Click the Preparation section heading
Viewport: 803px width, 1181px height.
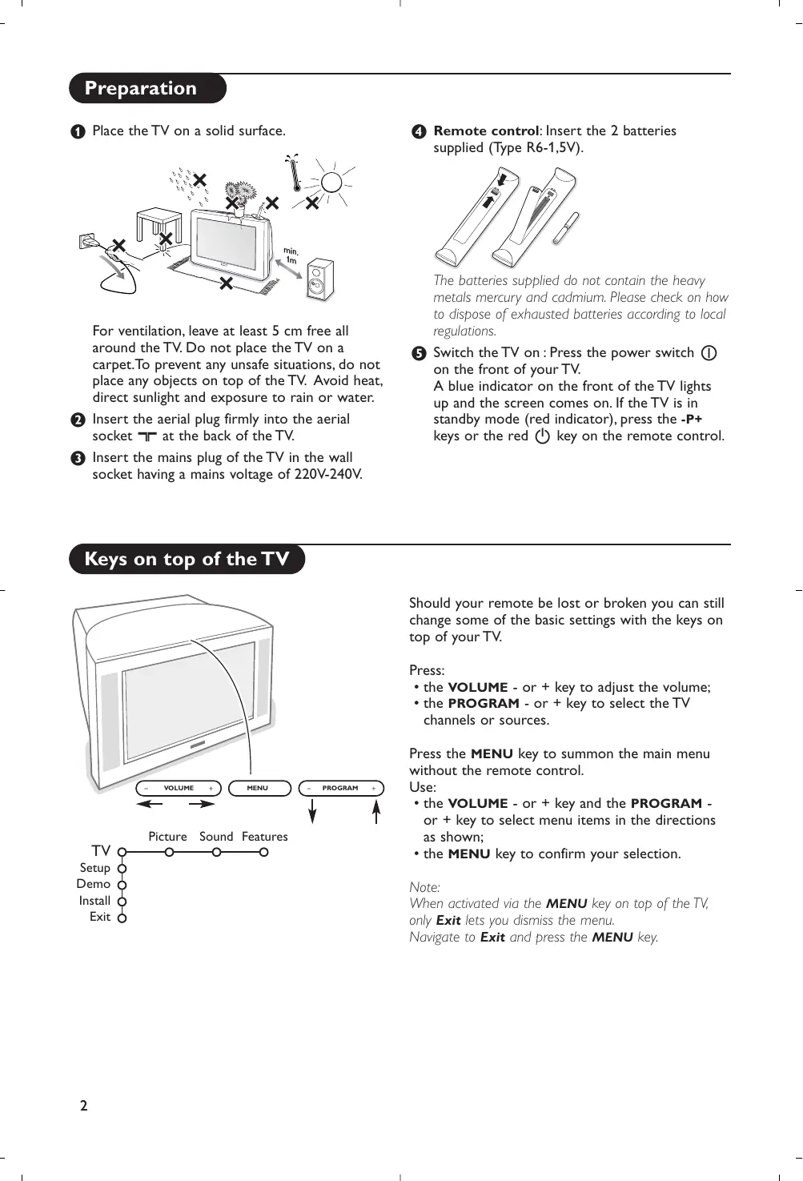click(x=141, y=88)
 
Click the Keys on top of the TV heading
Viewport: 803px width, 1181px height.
click(x=187, y=559)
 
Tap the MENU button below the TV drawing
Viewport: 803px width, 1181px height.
click(x=258, y=788)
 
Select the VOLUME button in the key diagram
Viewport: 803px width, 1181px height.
click(x=179, y=788)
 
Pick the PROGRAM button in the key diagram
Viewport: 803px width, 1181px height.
click(x=341, y=788)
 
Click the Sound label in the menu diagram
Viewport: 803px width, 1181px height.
click(x=216, y=837)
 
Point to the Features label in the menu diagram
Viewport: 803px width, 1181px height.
click(x=264, y=837)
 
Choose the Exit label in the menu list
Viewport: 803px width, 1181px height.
click(x=100, y=917)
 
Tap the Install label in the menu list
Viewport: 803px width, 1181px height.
click(x=94, y=901)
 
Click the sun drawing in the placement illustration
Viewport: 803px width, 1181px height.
click(x=331, y=183)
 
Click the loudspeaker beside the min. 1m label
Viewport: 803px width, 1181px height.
click(x=320, y=279)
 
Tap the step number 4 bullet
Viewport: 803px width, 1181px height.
click(x=418, y=131)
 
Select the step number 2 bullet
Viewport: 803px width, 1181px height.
click(x=78, y=420)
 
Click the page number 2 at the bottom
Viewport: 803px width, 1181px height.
click(x=83, y=1106)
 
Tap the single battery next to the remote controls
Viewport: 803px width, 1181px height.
click(x=565, y=229)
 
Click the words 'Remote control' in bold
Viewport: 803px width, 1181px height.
click(x=486, y=131)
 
